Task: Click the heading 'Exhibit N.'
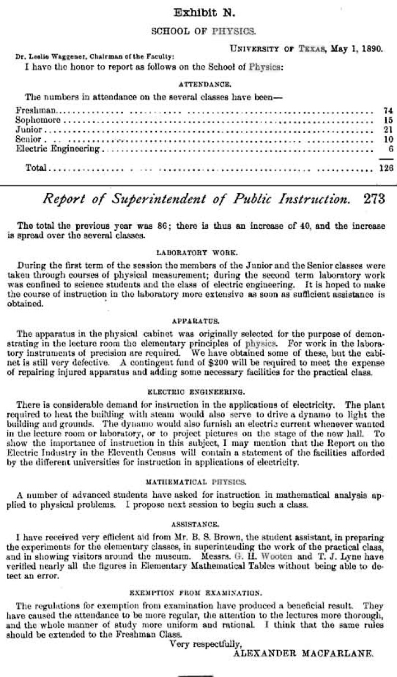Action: [198, 11]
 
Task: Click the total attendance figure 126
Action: [385, 167]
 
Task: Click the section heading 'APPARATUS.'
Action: [198, 322]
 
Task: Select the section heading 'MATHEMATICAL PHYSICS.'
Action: [198, 481]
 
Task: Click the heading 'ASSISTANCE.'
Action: [198, 524]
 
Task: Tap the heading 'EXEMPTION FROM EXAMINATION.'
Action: [198, 591]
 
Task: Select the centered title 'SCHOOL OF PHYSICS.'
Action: [198, 31]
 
